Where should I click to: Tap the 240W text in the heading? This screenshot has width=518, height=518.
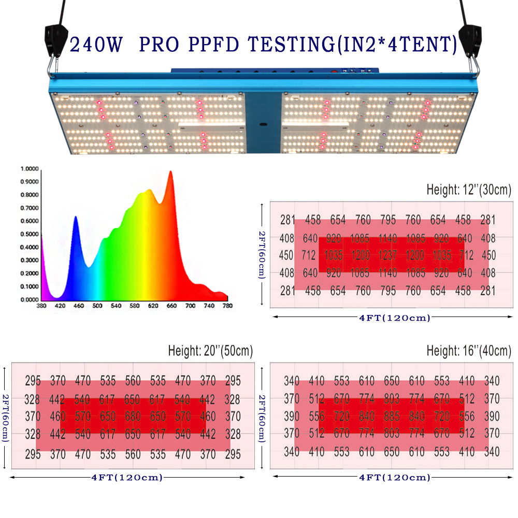(96, 45)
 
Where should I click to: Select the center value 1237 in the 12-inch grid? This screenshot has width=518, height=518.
(387, 255)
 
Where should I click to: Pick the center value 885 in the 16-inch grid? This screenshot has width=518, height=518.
(392, 416)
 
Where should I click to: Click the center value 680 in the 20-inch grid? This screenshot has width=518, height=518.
(133, 416)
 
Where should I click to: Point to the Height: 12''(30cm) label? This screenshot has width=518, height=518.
(469, 190)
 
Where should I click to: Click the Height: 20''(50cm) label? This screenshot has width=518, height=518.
(210, 351)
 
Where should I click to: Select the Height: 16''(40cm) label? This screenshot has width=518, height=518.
(469, 351)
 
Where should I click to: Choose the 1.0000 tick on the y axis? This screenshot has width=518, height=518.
(30, 169)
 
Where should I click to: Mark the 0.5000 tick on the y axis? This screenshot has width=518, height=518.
(30, 234)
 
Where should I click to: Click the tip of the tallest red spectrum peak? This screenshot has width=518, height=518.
(170, 172)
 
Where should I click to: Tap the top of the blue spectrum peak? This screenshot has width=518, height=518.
(76, 217)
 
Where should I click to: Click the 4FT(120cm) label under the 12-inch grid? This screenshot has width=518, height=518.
(395, 318)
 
